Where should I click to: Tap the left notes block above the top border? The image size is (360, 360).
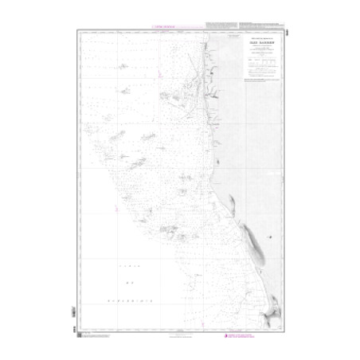point(219,25)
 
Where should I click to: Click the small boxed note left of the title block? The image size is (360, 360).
point(231,36)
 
